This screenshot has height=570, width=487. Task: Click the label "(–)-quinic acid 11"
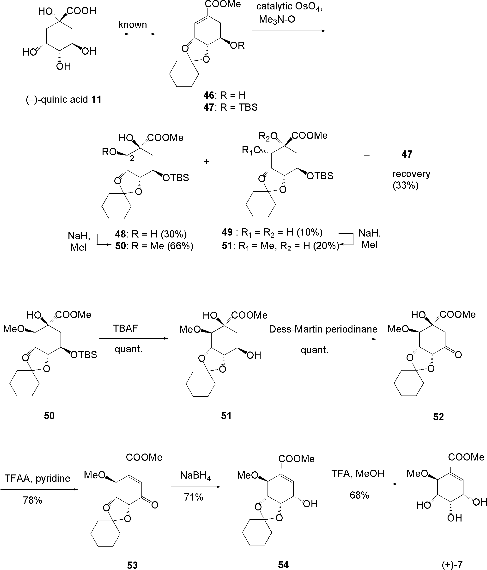pyautogui.click(x=64, y=99)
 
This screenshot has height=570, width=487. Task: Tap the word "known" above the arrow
pyautogui.click(x=133, y=25)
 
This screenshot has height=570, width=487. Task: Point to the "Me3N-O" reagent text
pyautogui.click(x=277, y=20)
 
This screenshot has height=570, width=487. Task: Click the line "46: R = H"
pyautogui.click(x=224, y=95)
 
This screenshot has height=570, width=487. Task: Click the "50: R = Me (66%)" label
pyautogui.click(x=154, y=246)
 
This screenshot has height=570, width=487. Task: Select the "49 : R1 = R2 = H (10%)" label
pyautogui.click(x=272, y=232)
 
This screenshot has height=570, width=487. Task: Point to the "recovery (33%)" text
pyautogui.click(x=411, y=179)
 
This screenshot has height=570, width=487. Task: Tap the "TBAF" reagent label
pyautogui.click(x=125, y=328)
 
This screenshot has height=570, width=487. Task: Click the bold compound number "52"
pyautogui.click(x=438, y=417)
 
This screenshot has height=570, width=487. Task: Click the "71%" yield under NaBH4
pyautogui.click(x=194, y=497)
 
